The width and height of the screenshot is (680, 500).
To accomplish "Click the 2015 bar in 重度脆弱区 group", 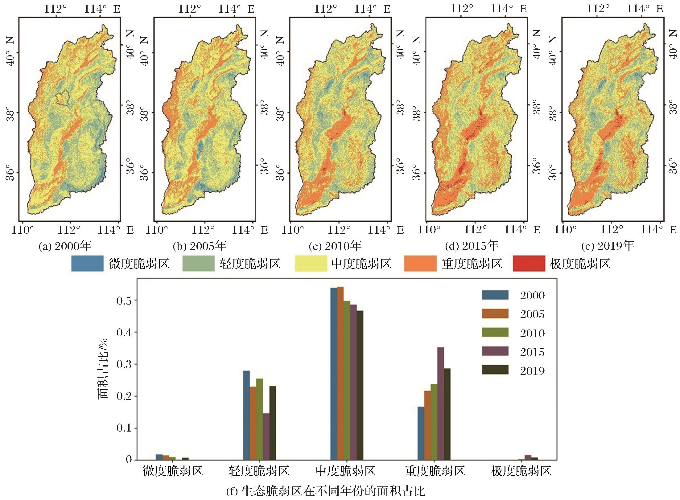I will point(441,404).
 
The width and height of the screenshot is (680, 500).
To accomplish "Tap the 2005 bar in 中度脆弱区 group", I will point(340,373).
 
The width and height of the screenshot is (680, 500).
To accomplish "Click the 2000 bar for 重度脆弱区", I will point(421,433).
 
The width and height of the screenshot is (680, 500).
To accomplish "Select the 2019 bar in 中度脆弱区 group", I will point(360,385).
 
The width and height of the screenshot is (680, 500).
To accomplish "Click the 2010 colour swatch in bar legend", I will point(495,332).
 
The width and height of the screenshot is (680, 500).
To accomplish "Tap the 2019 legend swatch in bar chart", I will point(495,370).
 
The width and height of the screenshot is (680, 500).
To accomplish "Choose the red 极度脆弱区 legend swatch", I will point(529,264).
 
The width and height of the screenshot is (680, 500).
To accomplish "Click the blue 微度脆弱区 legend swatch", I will point(87,264).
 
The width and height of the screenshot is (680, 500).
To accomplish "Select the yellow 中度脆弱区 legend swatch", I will point(311,264).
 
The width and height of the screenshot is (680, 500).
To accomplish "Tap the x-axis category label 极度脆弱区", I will point(521,471).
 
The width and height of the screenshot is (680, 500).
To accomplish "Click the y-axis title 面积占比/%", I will point(104,369).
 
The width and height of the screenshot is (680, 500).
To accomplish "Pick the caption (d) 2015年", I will point(472,246).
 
